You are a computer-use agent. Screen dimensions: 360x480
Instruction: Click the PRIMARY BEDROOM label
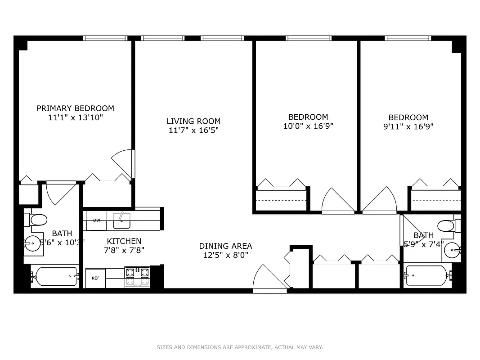75,108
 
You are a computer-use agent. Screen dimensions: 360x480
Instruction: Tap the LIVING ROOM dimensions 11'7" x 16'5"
193,130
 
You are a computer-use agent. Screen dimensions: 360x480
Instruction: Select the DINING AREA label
225,246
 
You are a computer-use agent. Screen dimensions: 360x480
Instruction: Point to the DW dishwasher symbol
97,220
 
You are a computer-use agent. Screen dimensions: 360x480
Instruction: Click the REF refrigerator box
95,278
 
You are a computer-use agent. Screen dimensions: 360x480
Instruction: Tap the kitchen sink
121,221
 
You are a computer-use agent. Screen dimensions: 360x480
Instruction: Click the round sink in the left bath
31,245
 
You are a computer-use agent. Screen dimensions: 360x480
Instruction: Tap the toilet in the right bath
447,225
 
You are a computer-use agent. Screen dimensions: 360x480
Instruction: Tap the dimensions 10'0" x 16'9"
308,126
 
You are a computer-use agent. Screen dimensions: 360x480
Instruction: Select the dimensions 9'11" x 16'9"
408,127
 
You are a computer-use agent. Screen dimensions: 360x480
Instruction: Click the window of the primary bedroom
105,38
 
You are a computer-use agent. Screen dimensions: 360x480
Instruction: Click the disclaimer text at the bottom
240,347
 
